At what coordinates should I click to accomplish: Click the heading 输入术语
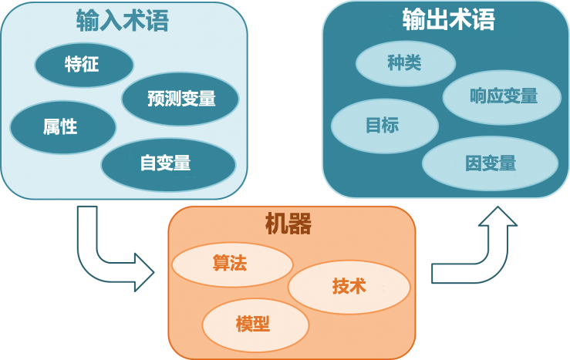pyautogui.click(x=122, y=21)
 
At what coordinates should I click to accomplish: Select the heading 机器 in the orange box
pyautogui.click(x=288, y=224)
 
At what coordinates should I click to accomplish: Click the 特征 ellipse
pyautogui.click(x=84, y=64)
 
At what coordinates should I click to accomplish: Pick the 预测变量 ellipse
pyautogui.click(x=180, y=98)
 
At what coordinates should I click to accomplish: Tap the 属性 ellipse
pyautogui.click(x=62, y=126)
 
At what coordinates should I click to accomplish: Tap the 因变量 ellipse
pyautogui.click(x=490, y=163)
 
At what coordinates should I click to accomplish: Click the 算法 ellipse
pyautogui.click(x=231, y=264)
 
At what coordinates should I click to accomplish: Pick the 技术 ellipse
pyautogui.click(x=349, y=286)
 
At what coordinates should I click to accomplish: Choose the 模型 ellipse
pyautogui.click(x=255, y=323)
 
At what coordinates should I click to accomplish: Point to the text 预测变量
pyautogui.click(x=180, y=98)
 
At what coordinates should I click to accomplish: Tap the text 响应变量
pyautogui.click(x=503, y=96)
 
